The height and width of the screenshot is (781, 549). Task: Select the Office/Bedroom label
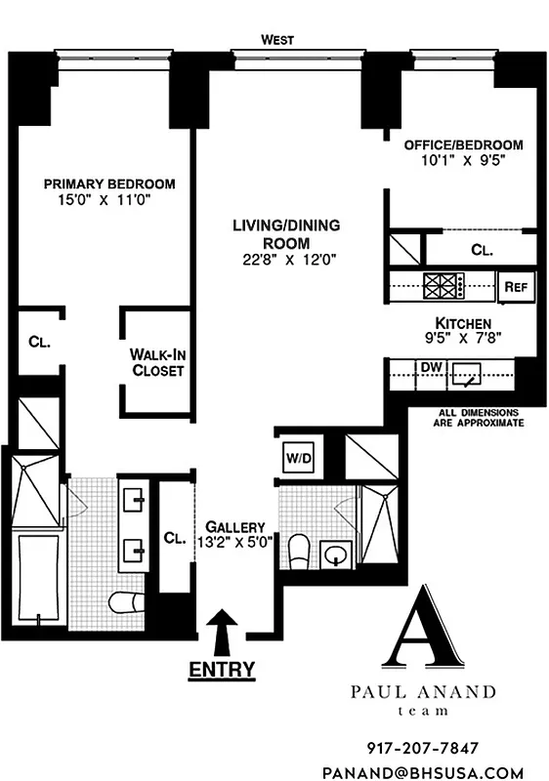point(456,144)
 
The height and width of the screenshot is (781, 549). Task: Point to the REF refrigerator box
point(516,286)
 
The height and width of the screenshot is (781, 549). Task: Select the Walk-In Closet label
point(157,363)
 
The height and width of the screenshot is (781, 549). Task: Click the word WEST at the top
point(277,40)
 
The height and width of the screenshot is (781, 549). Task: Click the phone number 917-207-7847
point(423,749)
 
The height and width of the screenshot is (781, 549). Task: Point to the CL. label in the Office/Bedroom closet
point(482,250)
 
